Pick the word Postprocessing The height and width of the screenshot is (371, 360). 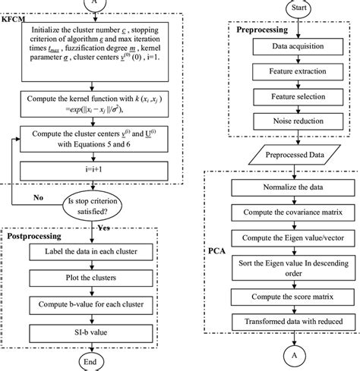35,237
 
